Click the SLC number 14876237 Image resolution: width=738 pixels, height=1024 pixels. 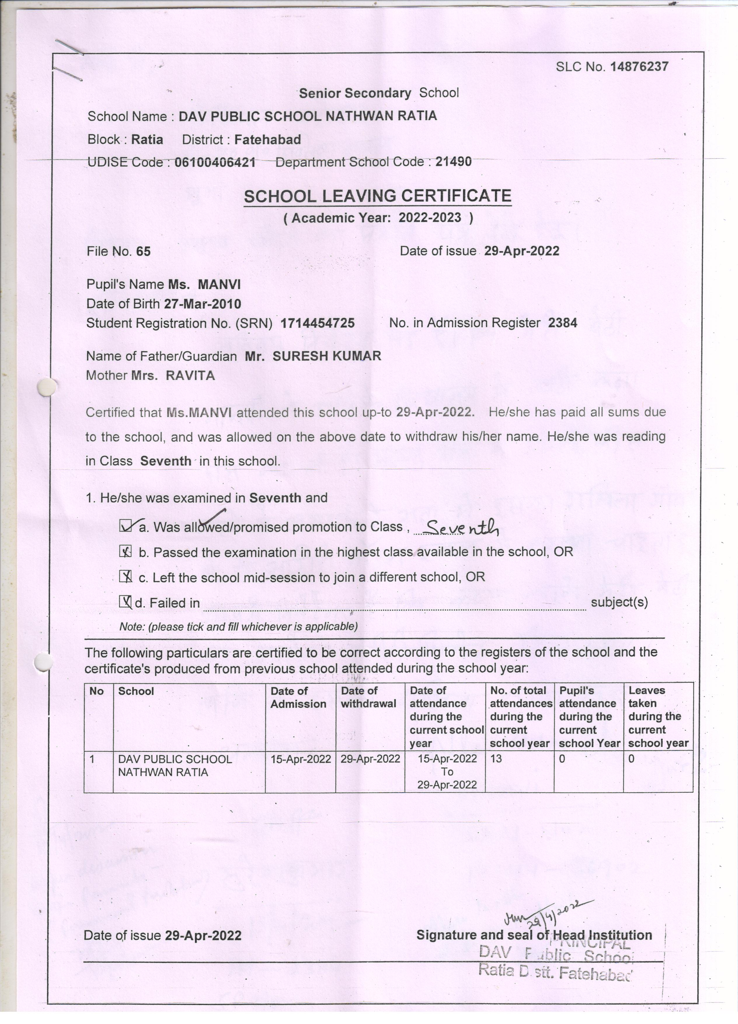[639, 67]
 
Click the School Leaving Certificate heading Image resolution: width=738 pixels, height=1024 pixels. [377, 196]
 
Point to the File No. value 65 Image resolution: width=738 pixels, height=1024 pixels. [144, 251]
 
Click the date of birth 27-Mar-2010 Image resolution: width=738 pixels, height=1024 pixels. [202, 304]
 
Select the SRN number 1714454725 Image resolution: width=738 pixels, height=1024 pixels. [317, 323]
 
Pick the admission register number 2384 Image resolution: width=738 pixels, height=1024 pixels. [563, 323]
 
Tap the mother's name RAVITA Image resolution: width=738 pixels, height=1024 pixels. [190, 376]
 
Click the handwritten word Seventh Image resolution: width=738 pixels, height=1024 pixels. [462, 527]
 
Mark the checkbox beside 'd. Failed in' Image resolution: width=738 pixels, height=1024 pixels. [125, 602]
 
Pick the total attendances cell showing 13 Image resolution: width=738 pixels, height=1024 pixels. [496, 759]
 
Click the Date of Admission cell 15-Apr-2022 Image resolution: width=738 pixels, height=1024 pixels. [301, 759]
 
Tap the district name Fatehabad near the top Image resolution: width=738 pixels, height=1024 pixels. [268, 140]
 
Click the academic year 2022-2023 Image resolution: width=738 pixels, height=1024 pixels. [430, 218]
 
